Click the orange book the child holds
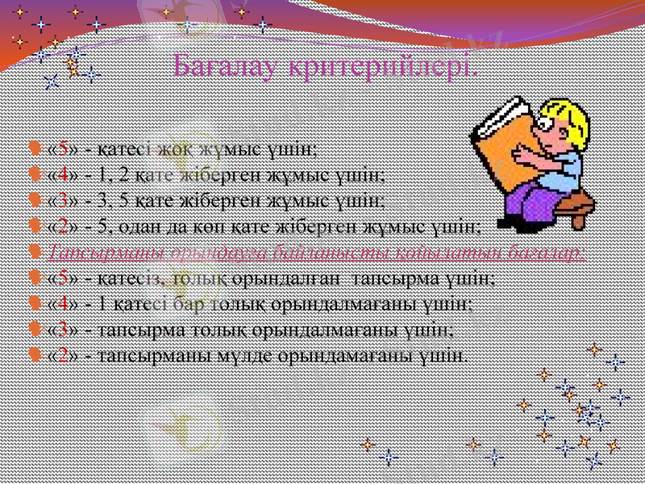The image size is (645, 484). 504,132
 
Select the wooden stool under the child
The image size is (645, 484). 568,211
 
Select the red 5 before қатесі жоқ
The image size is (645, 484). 62,148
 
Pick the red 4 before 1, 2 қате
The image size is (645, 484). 62,173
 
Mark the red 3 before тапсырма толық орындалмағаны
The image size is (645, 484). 62,329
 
